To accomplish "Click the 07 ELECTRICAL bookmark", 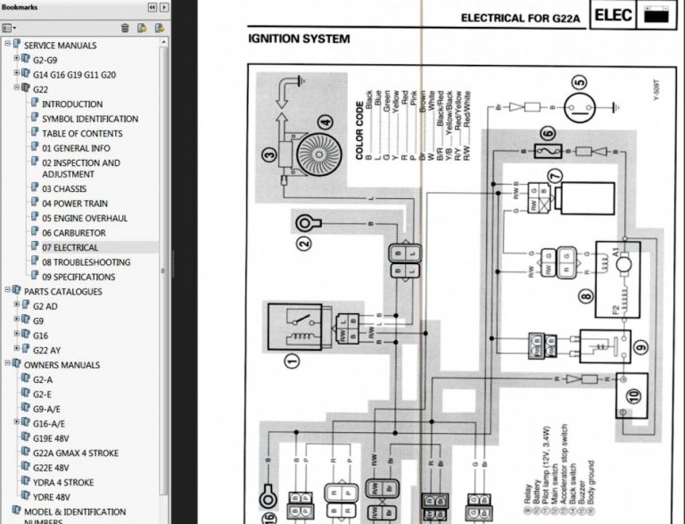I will (x=70, y=247).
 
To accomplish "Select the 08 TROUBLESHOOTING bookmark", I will (x=86, y=262).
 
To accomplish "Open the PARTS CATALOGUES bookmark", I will (x=62, y=291).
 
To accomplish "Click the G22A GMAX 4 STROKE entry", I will (x=76, y=453).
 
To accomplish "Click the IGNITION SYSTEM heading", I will (x=299, y=39).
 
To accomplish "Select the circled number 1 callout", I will (x=289, y=362).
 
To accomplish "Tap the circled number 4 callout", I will (x=325, y=122).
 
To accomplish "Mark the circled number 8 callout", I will (x=585, y=296).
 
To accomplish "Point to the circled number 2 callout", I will (x=305, y=241).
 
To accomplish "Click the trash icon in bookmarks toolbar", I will (x=125, y=28).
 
